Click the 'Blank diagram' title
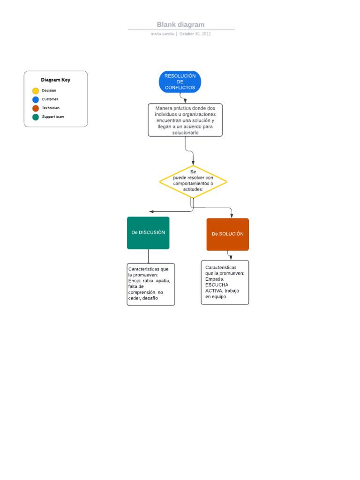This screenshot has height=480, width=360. (x=180, y=25)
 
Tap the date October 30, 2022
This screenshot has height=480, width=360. (x=195, y=34)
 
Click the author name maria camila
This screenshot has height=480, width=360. (x=163, y=34)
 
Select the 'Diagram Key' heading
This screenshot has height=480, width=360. (x=55, y=80)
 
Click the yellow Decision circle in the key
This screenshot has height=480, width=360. (x=36, y=91)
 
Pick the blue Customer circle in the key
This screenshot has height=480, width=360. (x=36, y=99)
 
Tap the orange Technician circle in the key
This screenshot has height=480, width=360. (x=36, y=108)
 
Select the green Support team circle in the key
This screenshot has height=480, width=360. (x=36, y=117)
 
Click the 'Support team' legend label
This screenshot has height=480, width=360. (x=53, y=117)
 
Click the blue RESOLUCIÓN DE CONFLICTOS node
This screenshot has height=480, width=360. (x=180, y=82)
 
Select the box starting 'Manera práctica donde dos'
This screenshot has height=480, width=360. (x=185, y=120)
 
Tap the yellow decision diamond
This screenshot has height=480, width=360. (x=193, y=181)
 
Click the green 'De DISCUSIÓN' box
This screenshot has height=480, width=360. (x=148, y=232)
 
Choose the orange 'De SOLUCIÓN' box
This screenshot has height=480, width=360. (x=227, y=234)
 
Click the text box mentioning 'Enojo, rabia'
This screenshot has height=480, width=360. (x=150, y=284)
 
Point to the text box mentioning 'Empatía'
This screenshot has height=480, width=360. (x=225, y=282)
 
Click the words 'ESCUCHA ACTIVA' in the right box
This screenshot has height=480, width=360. (x=217, y=287)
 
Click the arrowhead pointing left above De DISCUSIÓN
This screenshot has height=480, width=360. (x=151, y=212)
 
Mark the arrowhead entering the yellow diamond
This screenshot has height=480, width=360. (x=193, y=162)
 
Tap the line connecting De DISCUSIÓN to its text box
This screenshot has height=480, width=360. (x=149, y=256)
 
